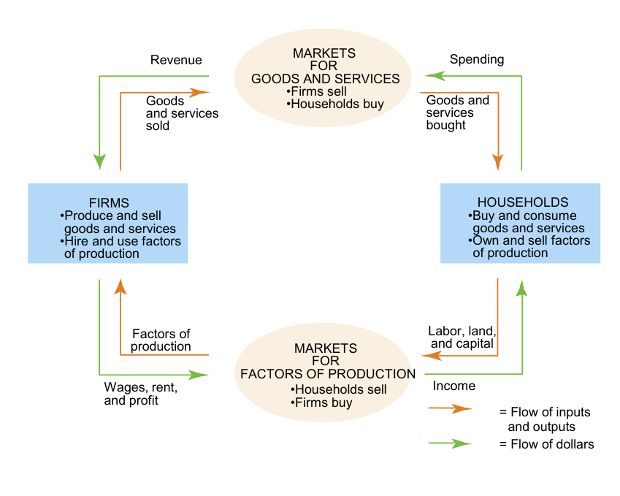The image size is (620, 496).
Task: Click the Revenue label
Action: [176, 60]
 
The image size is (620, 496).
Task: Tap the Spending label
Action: [476, 60]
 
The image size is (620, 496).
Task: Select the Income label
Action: [454, 386]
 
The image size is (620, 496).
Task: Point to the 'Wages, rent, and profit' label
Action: [141, 394]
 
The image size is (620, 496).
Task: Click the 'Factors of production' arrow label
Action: [161, 340]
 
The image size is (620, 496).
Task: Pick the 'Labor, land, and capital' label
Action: [462, 337]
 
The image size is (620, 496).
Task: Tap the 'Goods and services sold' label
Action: [182, 113]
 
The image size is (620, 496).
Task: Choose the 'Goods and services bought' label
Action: [457, 112]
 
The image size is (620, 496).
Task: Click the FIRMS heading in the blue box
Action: [108, 203]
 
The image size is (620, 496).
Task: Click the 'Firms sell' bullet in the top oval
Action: [318, 91]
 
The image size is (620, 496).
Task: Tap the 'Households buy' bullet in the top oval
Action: [335, 104]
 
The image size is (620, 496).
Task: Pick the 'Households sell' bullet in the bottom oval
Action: [339, 389]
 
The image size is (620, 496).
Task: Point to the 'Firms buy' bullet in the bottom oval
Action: [322, 402]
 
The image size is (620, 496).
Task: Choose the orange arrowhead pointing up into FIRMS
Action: [120, 287]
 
